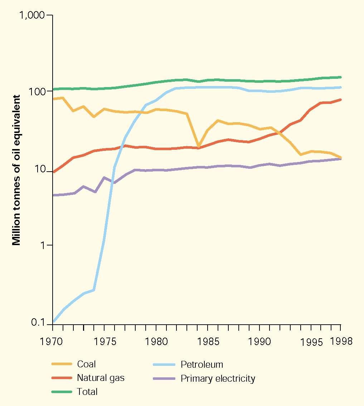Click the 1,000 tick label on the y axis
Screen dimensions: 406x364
[32, 15]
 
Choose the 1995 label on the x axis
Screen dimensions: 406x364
[310, 341]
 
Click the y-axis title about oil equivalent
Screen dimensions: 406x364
[16, 168]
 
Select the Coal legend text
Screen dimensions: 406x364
[86, 364]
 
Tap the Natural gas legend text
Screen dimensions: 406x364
[101, 378]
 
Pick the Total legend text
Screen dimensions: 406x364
[87, 392]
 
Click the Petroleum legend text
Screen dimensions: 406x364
[202, 364]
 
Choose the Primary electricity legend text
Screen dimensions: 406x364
[218, 378]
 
